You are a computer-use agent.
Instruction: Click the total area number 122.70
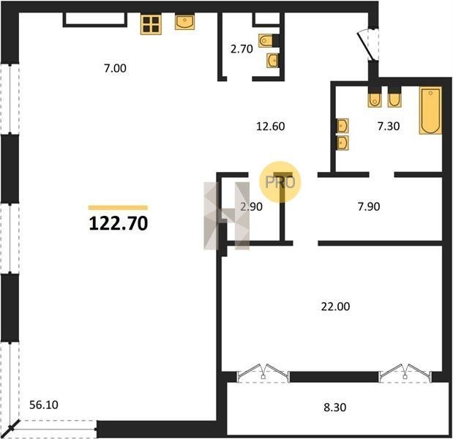click(x=119, y=224)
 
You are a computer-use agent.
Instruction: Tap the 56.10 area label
click(x=44, y=405)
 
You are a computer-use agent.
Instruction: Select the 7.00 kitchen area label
click(x=116, y=69)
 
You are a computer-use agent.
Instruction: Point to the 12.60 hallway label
click(x=271, y=127)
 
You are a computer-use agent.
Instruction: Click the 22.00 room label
click(x=335, y=307)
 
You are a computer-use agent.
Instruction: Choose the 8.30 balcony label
click(x=335, y=408)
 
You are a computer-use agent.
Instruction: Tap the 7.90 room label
click(x=369, y=207)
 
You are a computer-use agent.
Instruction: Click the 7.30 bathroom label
click(x=389, y=126)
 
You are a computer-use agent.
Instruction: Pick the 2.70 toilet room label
click(x=242, y=49)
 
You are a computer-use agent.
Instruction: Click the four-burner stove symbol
click(x=151, y=24)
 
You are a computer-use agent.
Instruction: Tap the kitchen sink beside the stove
click(x=184, y=22)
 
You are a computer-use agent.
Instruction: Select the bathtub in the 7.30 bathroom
click(x=430, y=111)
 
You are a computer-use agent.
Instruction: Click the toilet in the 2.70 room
click(x=266, y=40)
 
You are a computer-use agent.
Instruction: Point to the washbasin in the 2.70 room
click(x=273, y=60)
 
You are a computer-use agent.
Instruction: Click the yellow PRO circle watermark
click(x=280, y=182)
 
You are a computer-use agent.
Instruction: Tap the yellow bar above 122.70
click(x=118, y=208)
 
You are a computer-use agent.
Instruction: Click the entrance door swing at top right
click(x=367, y=45)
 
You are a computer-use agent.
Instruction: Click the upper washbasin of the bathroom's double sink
click(x=342, y=126)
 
